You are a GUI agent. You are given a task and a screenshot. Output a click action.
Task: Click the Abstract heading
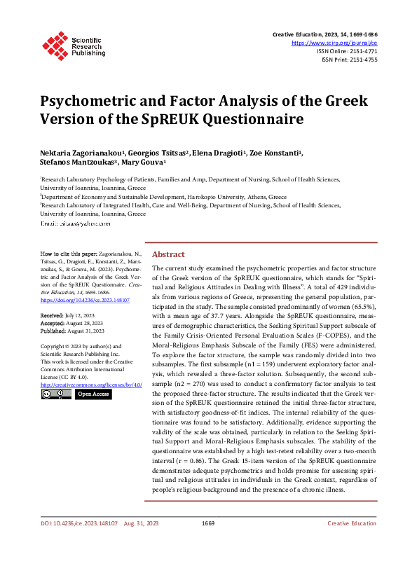coord(168,255)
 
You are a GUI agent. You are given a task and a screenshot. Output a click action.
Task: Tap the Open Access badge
coord(93,394)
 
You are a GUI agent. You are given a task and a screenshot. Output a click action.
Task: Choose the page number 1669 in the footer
coord(207,543)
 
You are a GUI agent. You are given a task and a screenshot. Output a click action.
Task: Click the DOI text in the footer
coord(78,543)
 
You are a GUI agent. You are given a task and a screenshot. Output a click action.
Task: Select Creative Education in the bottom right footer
coord(352,543)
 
